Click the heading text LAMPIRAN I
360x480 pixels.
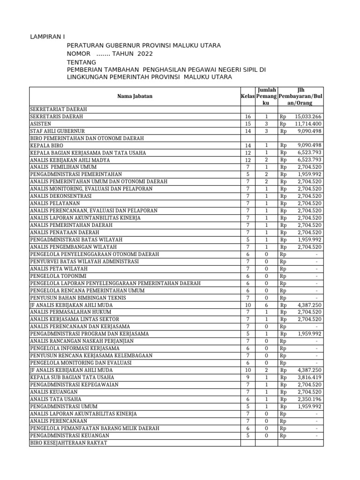48,37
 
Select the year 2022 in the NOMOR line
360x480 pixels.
145,54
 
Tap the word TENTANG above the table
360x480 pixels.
81,62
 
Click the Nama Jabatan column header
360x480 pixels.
135,96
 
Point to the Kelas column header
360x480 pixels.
247,96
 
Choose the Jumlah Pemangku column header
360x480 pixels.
266,96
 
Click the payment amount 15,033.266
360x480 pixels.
308,117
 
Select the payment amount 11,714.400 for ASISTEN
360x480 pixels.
308,124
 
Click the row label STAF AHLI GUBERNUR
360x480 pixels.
57,131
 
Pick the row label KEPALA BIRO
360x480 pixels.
45,146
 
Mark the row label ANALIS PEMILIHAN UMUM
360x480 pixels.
63,167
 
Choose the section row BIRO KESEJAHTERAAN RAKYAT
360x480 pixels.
68,442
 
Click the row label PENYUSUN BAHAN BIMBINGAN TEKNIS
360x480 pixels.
77,298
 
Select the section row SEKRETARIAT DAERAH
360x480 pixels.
59,109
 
